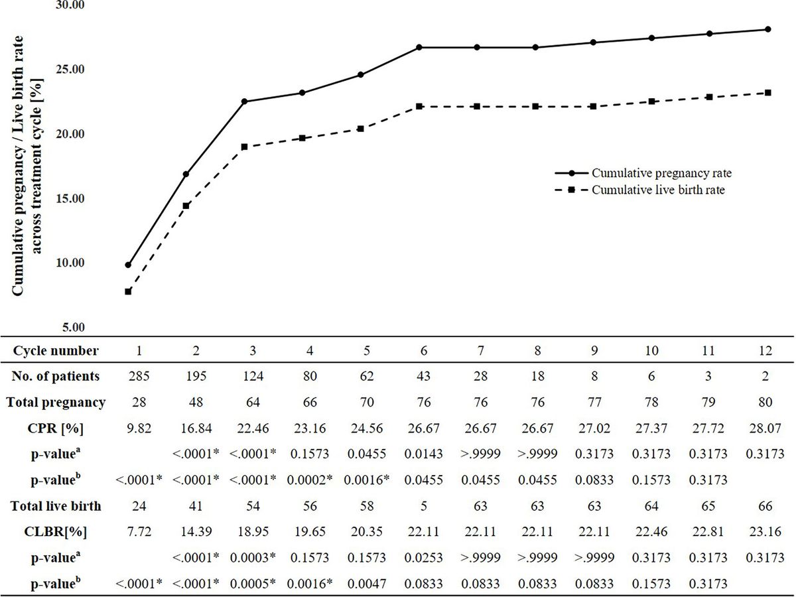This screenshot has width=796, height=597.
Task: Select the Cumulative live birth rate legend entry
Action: (x=663, y=189)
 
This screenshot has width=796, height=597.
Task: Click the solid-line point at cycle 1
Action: (x=128, y=265)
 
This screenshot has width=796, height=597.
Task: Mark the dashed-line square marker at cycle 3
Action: (x=244, y=147)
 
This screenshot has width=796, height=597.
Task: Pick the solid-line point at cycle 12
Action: (x=767, y=29)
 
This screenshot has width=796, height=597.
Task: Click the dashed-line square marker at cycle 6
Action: (x=419, y=107)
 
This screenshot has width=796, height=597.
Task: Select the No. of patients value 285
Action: (x=128, y=376)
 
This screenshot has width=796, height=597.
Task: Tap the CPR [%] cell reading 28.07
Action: (x=767, y=428)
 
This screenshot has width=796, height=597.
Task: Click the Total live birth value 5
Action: (x=419, y=506)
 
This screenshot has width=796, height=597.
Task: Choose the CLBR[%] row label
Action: (x=56, y=532)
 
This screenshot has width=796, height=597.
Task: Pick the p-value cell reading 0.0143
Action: (x=419, y=454)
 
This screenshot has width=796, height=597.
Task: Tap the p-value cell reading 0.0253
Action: (x=419, y=558)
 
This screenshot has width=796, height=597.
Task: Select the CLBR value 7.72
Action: (x=128, y=532)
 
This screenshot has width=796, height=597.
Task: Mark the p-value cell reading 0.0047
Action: (x=360, y=584)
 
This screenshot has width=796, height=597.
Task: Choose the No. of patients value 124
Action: (x=244, y=376)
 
